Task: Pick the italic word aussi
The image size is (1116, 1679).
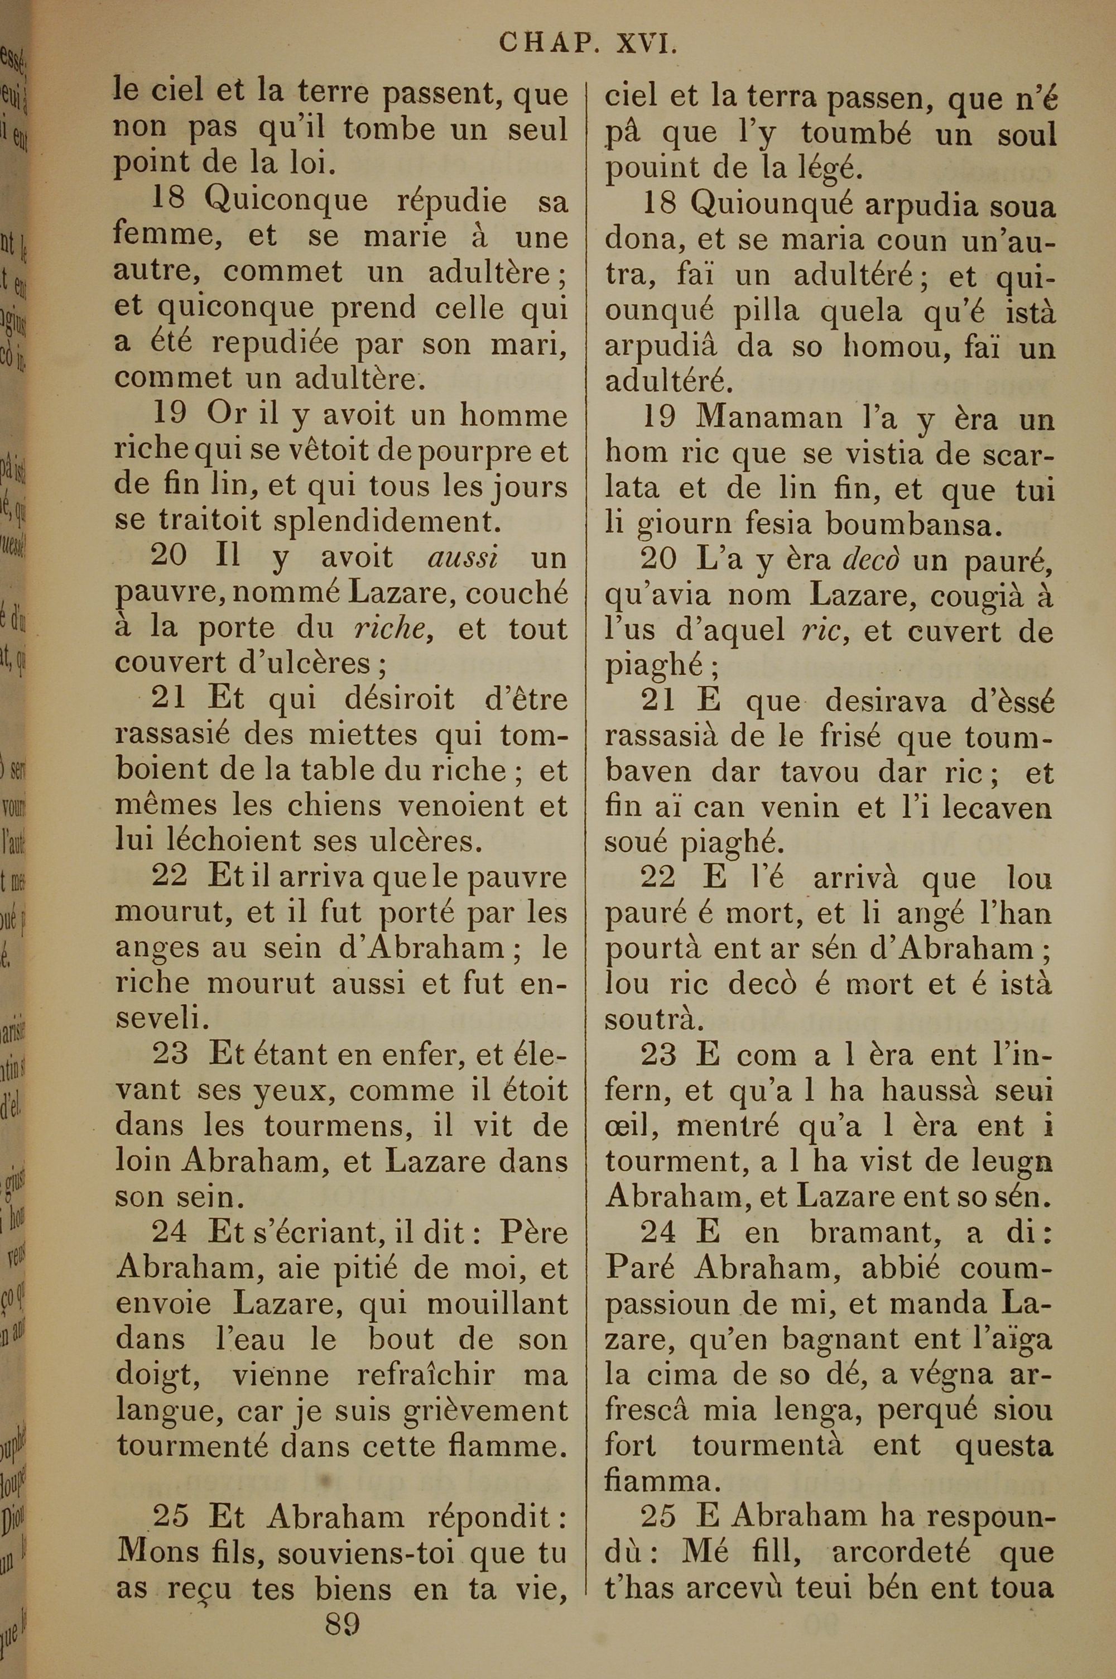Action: [463, 557]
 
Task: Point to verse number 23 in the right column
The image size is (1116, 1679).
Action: [659, 1056]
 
